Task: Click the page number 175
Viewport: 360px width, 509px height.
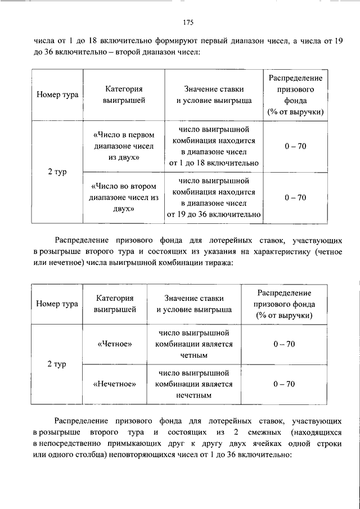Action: tap(188, 22)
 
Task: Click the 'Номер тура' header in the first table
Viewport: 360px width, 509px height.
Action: tap(57, 94)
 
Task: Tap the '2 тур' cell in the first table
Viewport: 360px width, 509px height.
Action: tap(57, 172)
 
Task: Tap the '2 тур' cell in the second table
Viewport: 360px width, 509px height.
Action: tap(57, 364)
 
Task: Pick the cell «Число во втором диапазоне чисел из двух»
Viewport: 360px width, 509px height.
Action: tap(123, 197)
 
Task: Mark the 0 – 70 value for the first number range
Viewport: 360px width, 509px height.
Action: tap(295, 147)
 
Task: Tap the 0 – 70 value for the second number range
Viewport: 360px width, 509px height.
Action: tap(295, 197)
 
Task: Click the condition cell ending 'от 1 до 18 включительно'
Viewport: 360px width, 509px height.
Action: tap(213, 147)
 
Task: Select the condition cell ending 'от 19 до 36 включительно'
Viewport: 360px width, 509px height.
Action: tap(213, 197)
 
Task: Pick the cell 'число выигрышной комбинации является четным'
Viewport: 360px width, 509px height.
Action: tap(195, 344)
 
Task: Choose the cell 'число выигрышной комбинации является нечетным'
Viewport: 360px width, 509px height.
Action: tap(195, 384)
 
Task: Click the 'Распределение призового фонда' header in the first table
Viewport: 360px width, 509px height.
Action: tap(295, 94)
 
